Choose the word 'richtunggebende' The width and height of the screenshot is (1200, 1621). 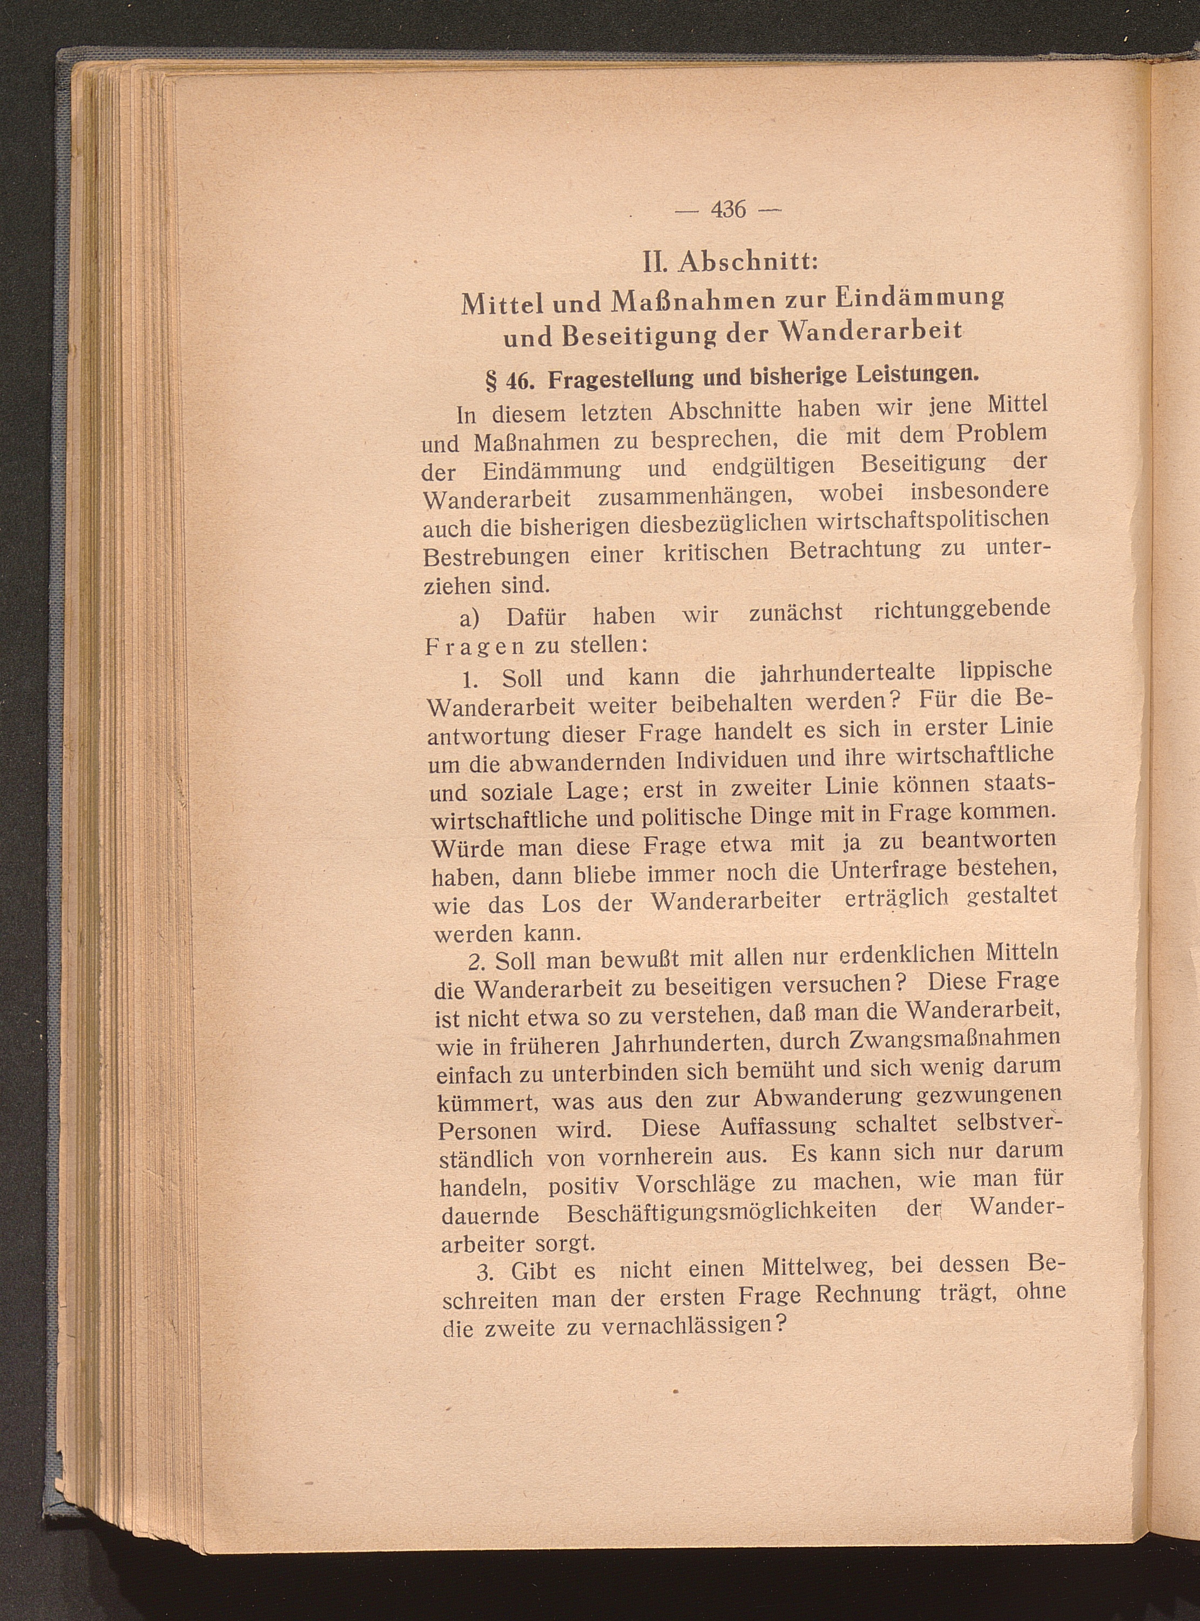[962, 609]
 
